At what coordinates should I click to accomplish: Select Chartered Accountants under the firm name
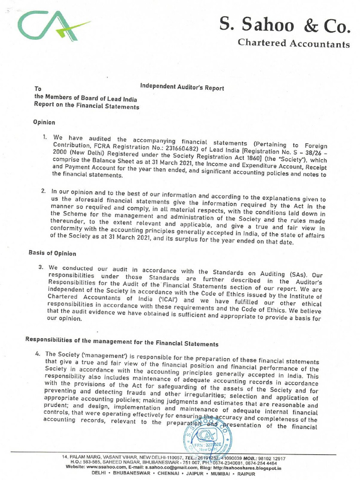coord(294,44)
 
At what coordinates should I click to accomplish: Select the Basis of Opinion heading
coord(52,254)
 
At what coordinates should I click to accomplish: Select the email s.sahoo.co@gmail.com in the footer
coord(175,467)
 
